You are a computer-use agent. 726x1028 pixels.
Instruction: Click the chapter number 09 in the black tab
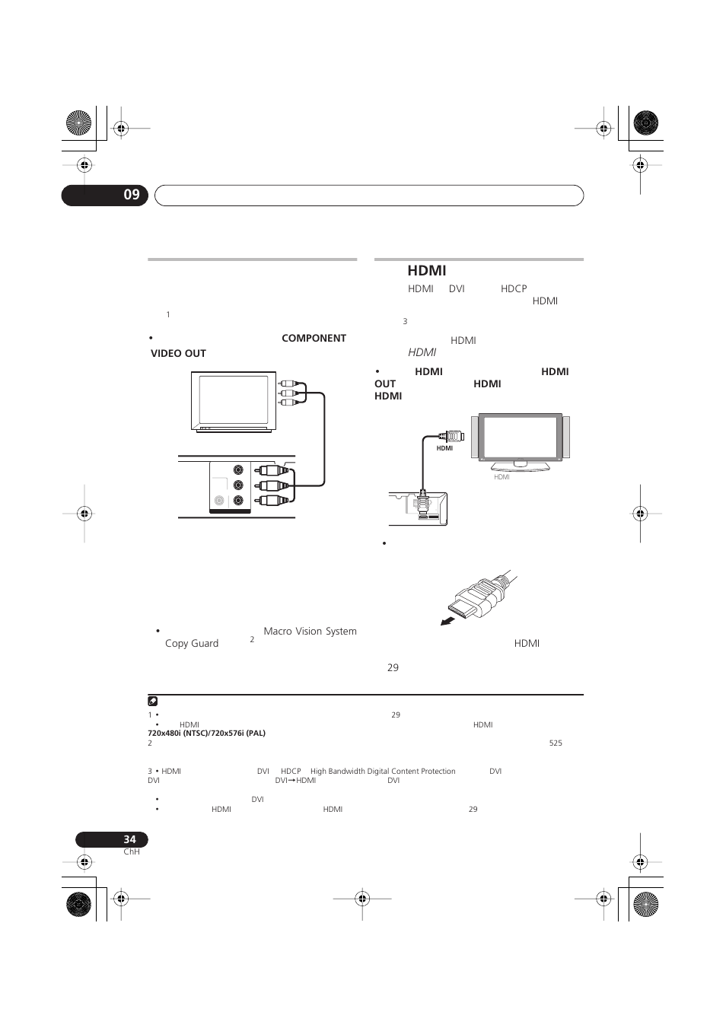tap(132, 195)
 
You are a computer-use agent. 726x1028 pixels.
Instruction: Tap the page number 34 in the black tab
tap(129, 839)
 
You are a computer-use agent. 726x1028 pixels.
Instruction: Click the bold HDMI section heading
tap(426, 270)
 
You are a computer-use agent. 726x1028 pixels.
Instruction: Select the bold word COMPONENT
tap(314, 338)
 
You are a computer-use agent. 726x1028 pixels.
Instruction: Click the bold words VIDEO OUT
tap(178, 353)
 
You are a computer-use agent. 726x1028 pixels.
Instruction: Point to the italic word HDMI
tap(422, 352)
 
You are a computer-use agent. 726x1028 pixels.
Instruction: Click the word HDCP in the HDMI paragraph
tap(514, 288)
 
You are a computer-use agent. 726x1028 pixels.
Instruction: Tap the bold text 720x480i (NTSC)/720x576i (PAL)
tap(206, 734)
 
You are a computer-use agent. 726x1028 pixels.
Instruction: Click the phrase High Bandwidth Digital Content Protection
tap(383, 771)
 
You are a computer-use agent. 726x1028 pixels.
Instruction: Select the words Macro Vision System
tap(310, 631)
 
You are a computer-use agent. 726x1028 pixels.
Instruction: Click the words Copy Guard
tap(192, 643)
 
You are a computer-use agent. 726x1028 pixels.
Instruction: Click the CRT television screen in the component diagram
tap(234, 400)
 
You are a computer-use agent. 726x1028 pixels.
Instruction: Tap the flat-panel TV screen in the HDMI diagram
tap(519, 437)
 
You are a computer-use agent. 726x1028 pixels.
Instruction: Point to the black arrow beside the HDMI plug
tap(451, 619)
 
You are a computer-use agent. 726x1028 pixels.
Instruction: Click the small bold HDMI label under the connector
tap(444, 448)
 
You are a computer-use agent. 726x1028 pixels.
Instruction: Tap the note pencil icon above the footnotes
tap(153, 702)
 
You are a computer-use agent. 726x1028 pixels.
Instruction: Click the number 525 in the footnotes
tap(556, 743)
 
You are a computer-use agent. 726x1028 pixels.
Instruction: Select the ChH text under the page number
tap(132, 851)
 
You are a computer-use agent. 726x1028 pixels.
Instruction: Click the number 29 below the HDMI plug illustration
tap(393, 667)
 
